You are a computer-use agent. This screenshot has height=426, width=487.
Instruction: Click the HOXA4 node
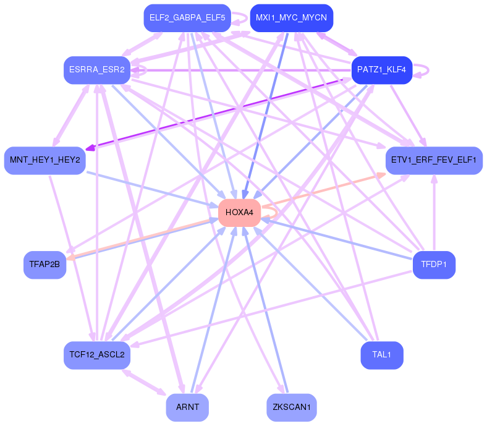(239, 213)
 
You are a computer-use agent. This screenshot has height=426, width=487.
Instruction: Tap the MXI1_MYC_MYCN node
(291, 18)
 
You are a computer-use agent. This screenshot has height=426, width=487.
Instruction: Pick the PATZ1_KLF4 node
(381, 70)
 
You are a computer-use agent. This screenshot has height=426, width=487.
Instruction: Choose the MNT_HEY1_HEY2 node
(44, 160)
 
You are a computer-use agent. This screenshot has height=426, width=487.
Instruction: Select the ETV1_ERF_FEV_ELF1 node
(433, 160)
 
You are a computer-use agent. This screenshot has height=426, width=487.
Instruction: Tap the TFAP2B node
(44, 265)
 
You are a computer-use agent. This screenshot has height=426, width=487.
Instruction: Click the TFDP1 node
(433, 265)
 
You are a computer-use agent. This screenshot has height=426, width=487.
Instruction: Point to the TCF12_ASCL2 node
(97, 356)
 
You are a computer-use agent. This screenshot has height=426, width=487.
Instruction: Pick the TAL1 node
(381, 355)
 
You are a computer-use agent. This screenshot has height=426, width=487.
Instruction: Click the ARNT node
(187, 407)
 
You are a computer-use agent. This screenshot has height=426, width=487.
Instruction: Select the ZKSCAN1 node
(291, 407)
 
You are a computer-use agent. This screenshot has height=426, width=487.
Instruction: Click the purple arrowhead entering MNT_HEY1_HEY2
(90, 148)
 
